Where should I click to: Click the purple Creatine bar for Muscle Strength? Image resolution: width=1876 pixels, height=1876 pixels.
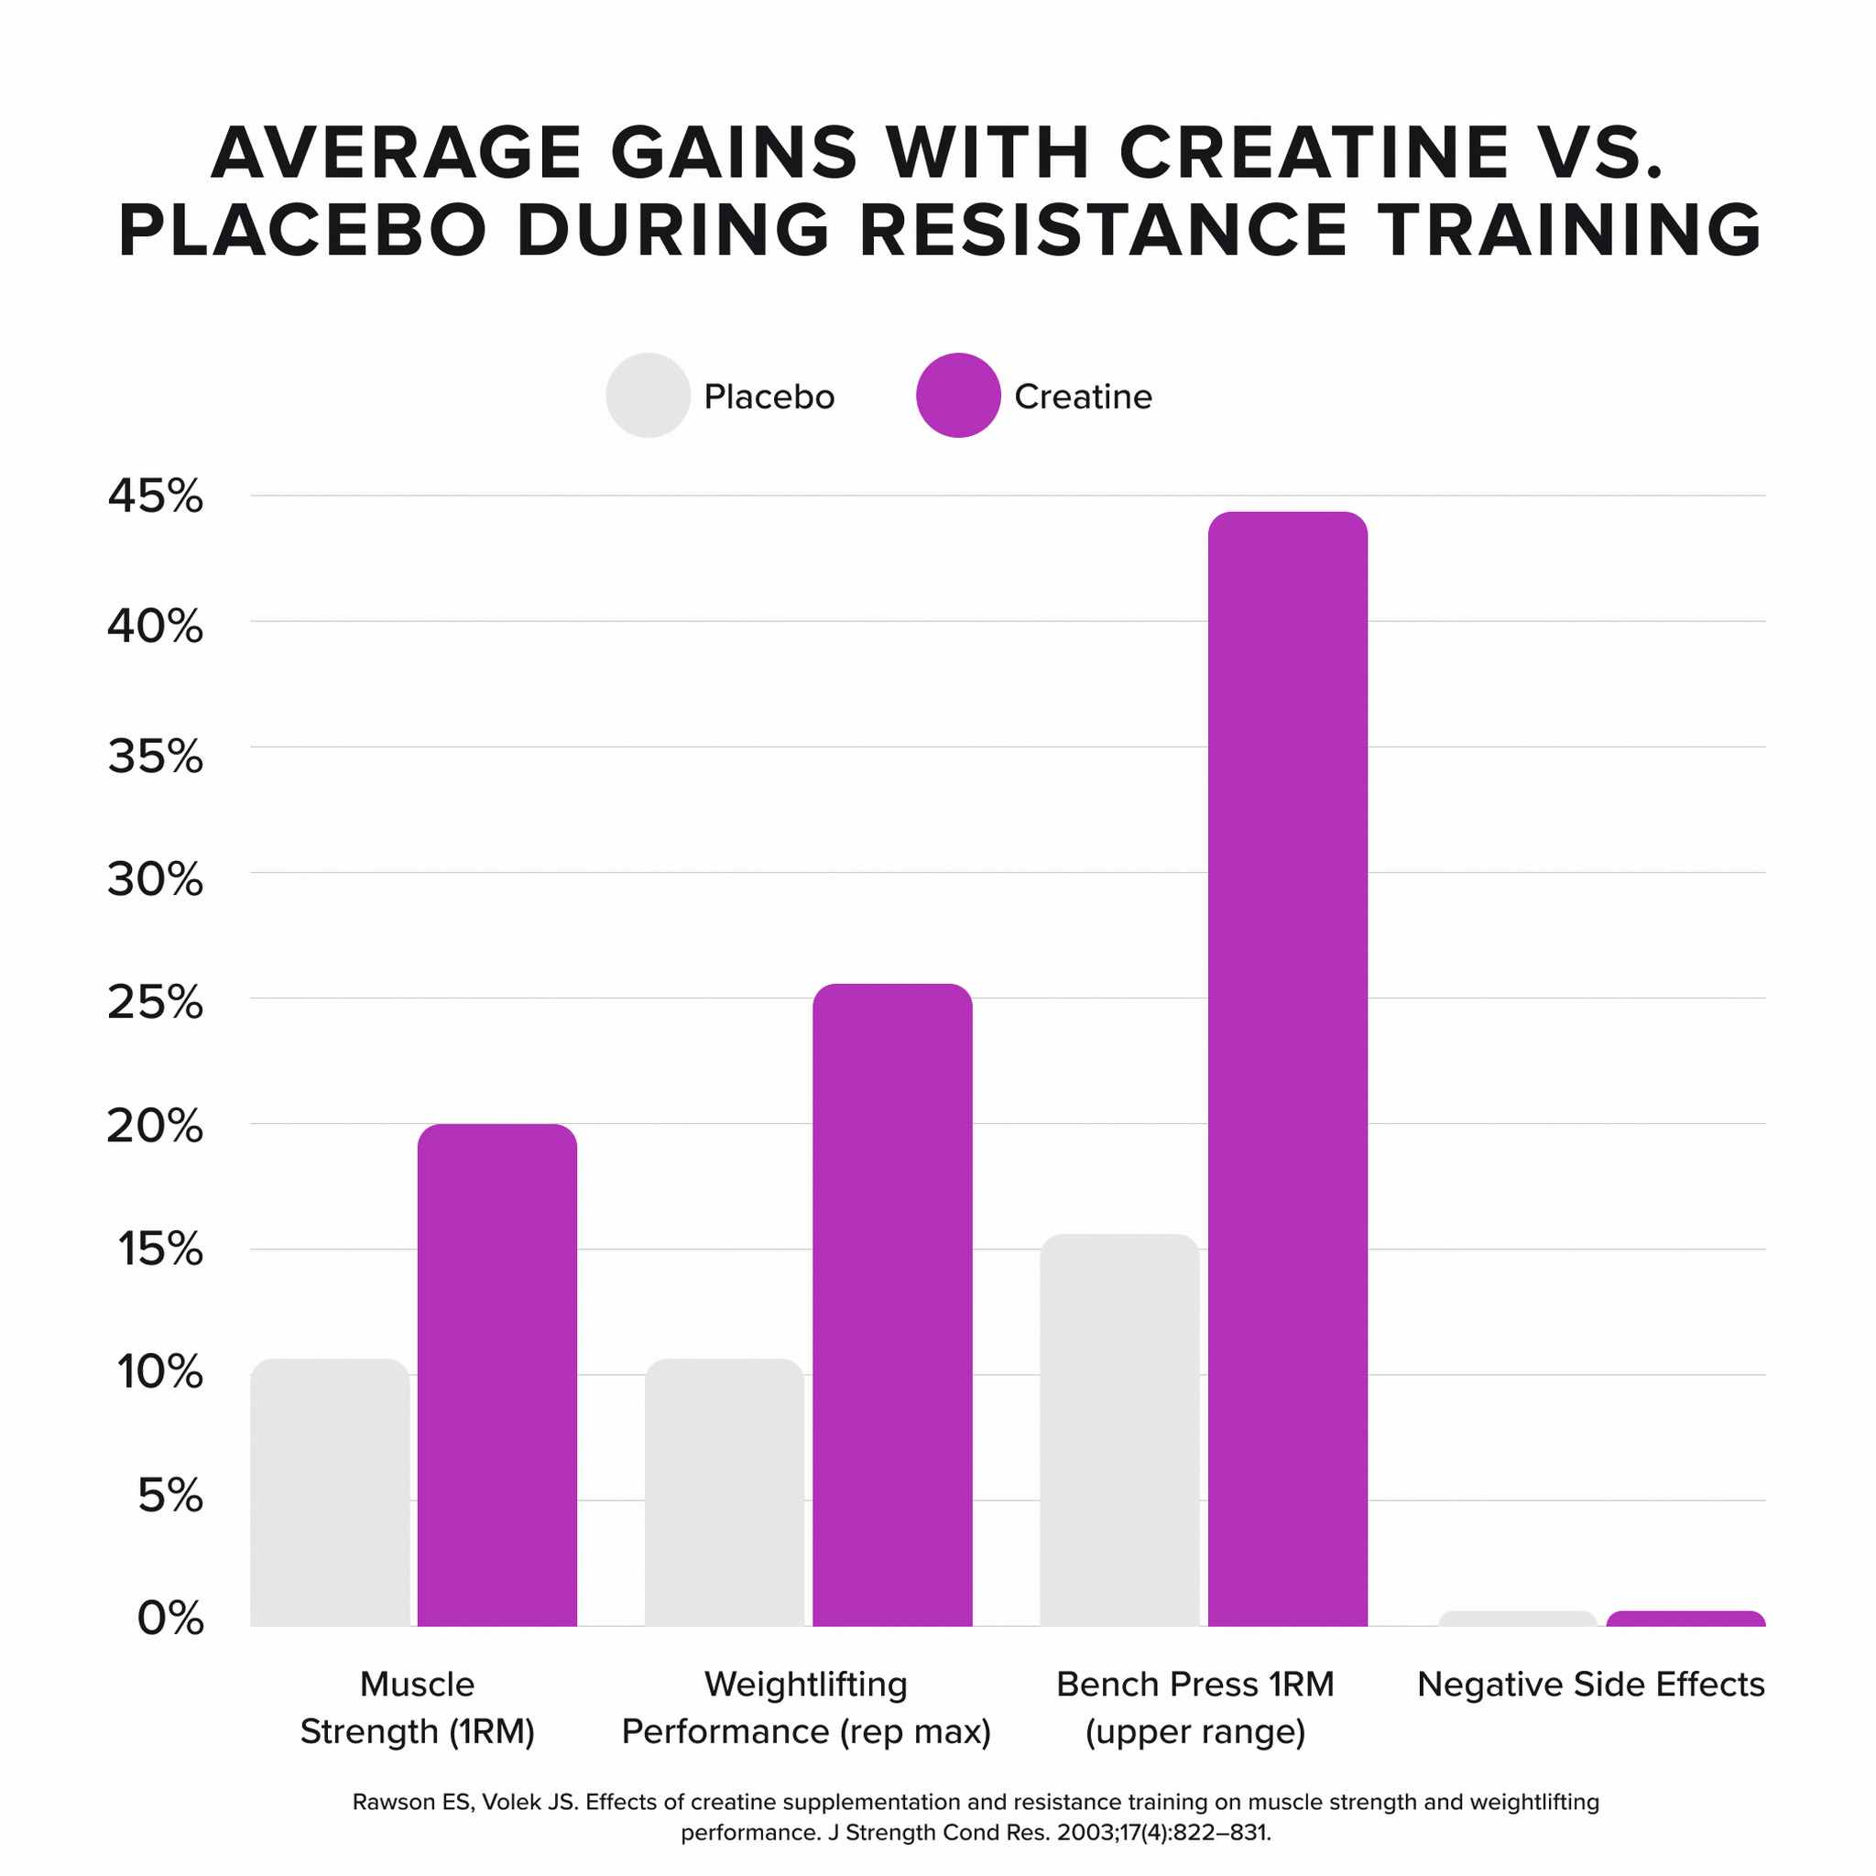coord(497,1374)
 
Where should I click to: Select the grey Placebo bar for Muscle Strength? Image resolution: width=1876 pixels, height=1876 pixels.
coord(330,1492)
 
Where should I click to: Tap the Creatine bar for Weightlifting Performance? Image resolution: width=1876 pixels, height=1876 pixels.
coord(892,1304)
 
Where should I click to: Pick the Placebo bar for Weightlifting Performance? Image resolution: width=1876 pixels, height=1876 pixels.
coord(725,1492)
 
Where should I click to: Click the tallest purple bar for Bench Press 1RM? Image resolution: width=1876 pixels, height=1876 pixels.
coord(1288,1068)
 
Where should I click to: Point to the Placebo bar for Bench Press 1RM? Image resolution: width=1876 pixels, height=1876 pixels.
coord(1119,1430)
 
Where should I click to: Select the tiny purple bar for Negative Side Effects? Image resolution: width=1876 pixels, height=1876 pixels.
coord(1685,1619)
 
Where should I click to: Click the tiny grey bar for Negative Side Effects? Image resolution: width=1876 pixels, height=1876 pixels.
coord(1518,1619)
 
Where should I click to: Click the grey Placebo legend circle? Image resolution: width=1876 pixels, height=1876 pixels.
coord(648,395)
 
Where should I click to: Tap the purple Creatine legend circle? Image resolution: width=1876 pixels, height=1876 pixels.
coord(958,395)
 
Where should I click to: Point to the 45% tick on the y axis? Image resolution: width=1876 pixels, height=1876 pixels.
coord(156,497)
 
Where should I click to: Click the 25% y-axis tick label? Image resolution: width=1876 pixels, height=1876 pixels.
coord(156,1001)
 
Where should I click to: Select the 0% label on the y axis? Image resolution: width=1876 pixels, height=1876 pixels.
coord(171,1620)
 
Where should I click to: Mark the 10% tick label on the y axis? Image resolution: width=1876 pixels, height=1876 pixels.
coord(159,1373)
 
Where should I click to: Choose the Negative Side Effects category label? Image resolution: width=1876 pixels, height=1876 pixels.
coord(1590,1685)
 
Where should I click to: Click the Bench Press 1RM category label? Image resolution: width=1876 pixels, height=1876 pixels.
coord(1195,1685)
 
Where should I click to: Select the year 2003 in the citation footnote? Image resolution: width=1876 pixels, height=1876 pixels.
coord(1082,1833)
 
